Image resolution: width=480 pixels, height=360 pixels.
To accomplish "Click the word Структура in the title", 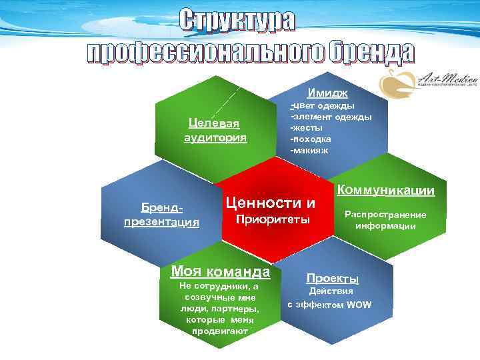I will (x=237, y=22).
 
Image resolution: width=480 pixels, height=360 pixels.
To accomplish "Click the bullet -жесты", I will (x=306, y=127).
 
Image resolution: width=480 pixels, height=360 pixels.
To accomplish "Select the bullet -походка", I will (x=310, y=139).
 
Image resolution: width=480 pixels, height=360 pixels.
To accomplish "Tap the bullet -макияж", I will (x=309, y=150).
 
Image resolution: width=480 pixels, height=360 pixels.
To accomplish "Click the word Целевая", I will (x=215, y=124).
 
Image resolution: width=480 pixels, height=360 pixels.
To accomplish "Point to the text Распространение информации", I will (x=385, y=221).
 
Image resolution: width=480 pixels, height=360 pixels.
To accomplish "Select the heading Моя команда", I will (x=221, y=271).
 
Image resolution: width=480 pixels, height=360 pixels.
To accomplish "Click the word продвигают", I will (x=219, y=331).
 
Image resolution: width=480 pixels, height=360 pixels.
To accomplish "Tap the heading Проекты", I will (x=332, y=278).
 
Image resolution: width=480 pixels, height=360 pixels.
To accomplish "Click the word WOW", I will (x=359, y=305).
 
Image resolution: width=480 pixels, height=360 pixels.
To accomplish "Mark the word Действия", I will (x=331, y=291).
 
